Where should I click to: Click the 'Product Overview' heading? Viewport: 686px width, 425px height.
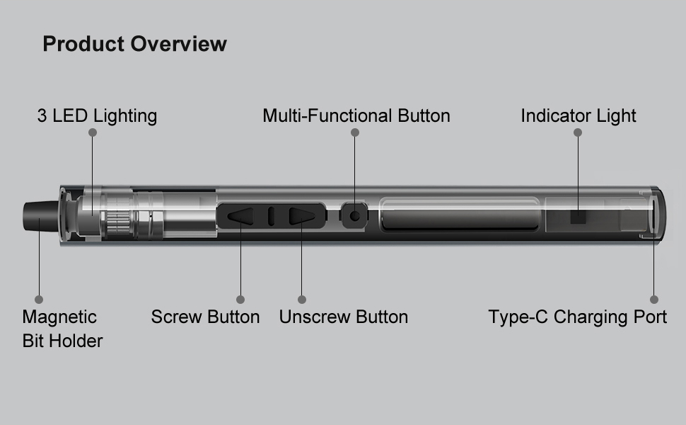click(x=134, y=44)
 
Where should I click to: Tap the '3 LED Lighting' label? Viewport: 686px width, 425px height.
click(x=97, y=115)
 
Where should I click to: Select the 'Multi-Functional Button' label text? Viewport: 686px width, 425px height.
click(x=356, y=115)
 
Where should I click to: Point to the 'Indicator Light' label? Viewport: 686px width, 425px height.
click(x=578, y=115)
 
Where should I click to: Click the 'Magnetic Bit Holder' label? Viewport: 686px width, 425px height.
click(x=62, y=329)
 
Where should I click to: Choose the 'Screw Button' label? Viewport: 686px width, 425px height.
click(x=205, y=317)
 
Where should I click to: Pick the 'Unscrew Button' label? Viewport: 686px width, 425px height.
click(x=343, y=317)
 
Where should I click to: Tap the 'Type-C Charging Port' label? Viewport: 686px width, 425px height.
click(x=577, y=317)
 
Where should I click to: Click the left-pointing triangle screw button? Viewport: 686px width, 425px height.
click(x=240, y=216)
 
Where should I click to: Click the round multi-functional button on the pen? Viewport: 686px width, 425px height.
click(x=355, y=216)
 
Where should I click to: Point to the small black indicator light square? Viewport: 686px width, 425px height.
click(x=578, y=217)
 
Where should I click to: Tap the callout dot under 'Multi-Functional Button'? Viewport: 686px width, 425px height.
click(x=355, y=132)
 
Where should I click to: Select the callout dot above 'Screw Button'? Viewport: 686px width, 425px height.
click(x=240, y=300)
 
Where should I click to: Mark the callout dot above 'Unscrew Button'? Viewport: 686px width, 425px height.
click(x=302, y=300)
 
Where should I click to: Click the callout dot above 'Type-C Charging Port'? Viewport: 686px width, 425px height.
click(x=654, y=300)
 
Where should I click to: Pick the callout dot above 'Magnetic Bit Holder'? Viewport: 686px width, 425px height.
click(x=39, y=300)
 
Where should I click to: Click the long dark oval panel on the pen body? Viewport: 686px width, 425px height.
click(x=459, y=216)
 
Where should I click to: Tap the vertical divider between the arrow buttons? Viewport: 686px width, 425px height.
click(x=271, y=216)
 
